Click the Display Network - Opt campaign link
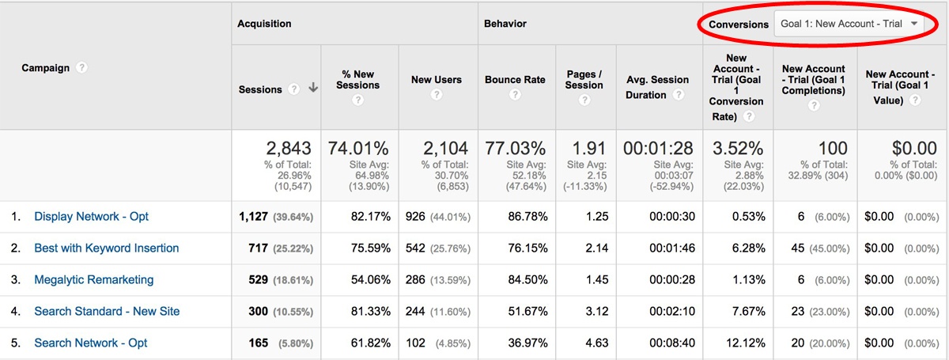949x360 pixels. tap(91, 216)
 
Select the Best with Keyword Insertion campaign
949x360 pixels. tap(106, 248)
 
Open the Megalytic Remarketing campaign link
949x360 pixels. tap(93, 279)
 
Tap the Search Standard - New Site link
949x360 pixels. tap(107, 311)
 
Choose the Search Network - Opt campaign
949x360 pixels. tap(90, 343)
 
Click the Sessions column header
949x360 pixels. tap(260, 89)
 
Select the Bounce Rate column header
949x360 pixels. tap(514, 79)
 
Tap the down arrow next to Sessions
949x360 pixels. tap(313, 89)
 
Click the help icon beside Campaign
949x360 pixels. tap(81, 67)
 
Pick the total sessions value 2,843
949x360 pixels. tap(288, 148)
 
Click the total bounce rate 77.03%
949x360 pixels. tap(515, 148)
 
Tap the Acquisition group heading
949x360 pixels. tap(264, 24)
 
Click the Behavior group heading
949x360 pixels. tap(505, 24)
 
